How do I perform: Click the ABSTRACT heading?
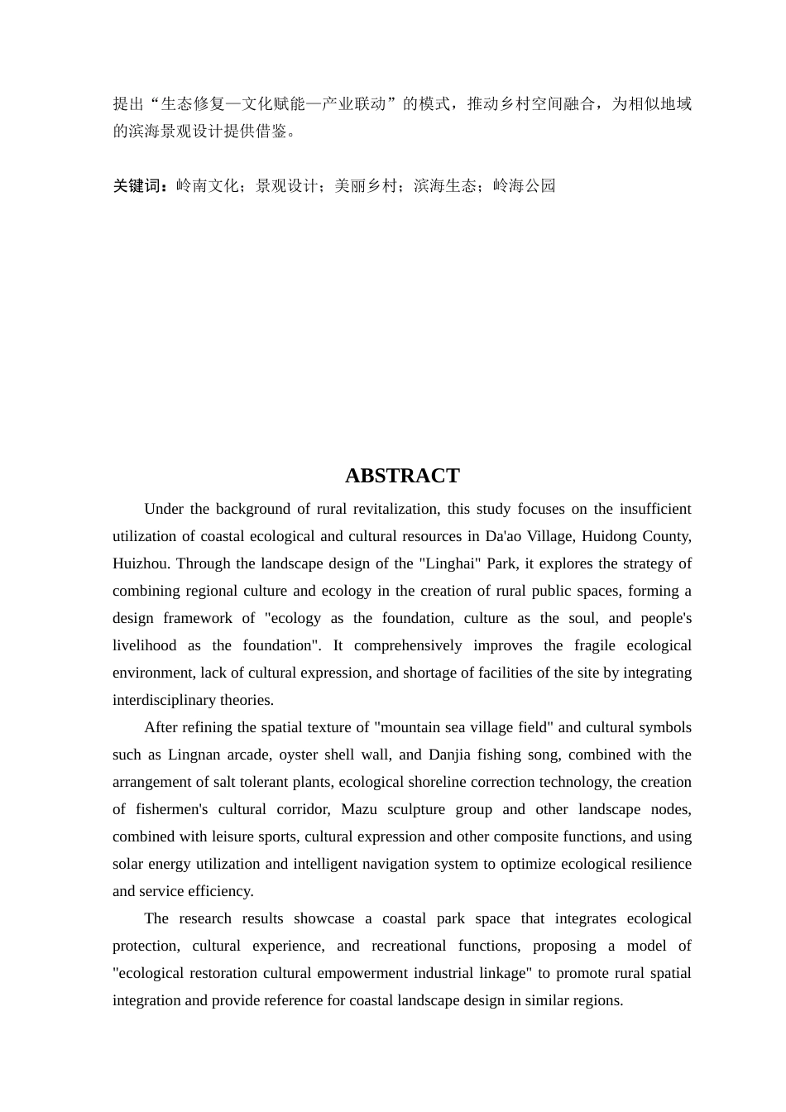click(401, 476)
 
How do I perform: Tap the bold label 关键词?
click(137, 186)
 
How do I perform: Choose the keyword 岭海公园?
click(524, 186)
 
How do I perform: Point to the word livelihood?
click(144, 645)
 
